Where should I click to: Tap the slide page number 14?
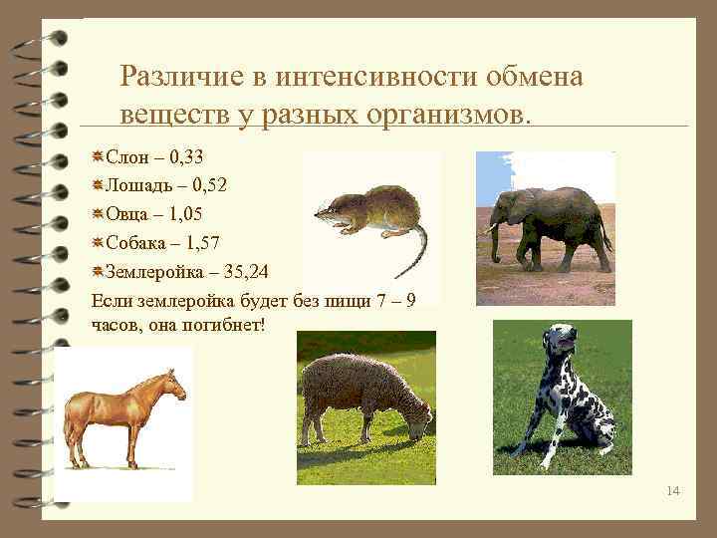pyautogui.click(x=674, y=490)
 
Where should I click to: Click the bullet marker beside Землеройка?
pyautogui.click(x=98, y=271)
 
